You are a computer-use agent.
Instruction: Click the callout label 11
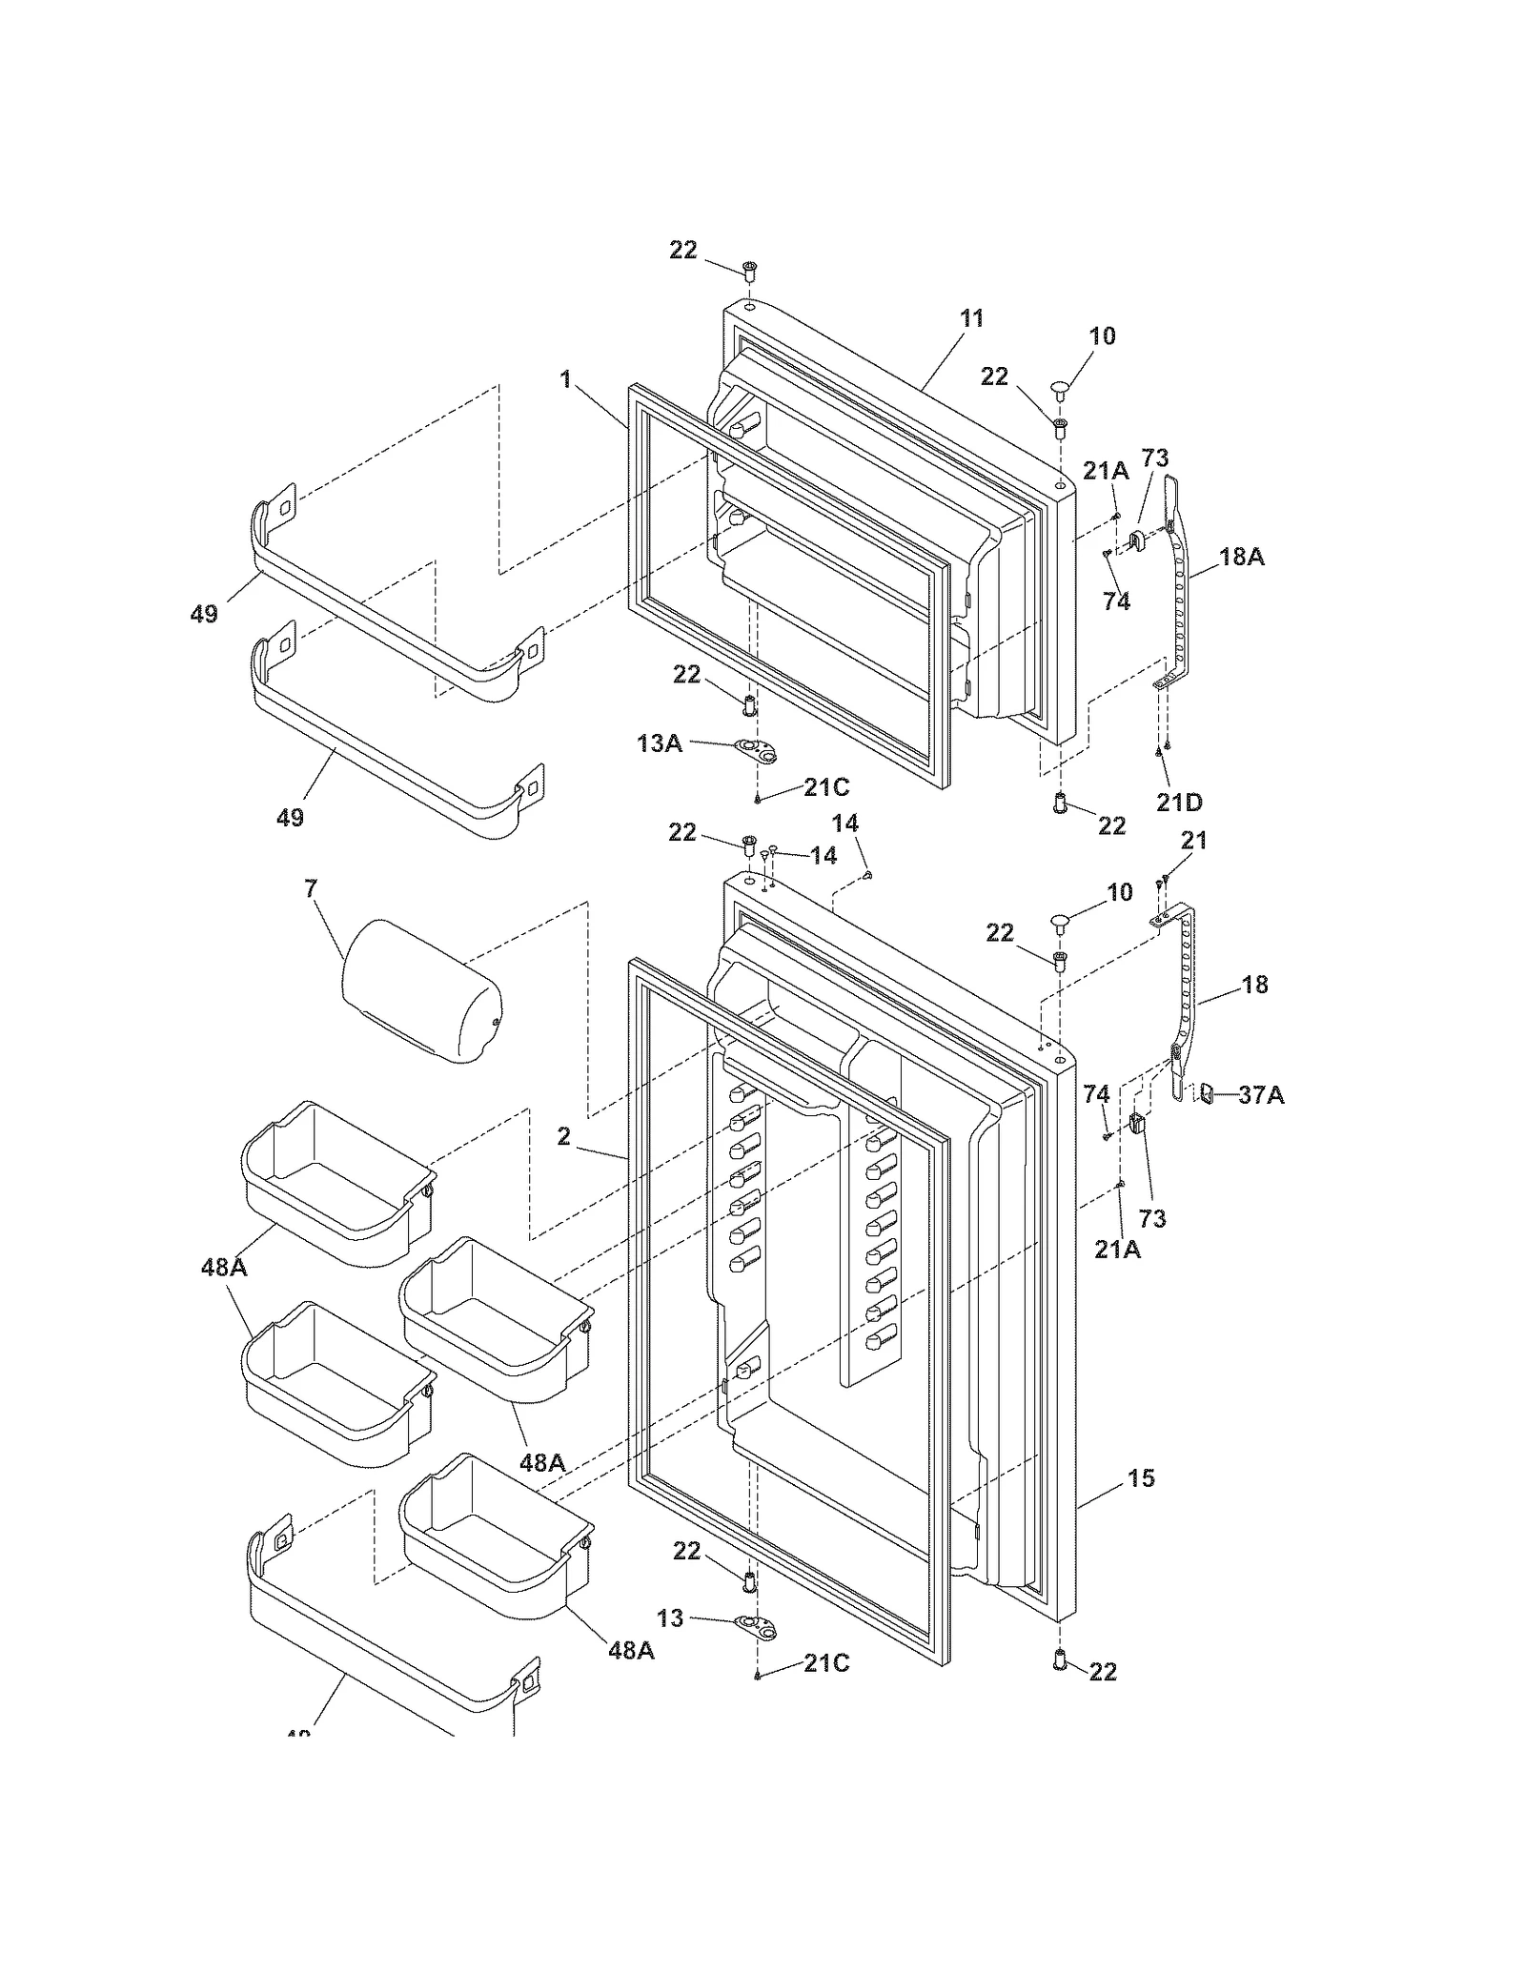[x=971, y=318]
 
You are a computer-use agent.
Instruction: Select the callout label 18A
[x=1241, y=557]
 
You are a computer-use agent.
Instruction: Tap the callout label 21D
[x=1179, y=803]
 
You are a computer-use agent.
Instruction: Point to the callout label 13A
[x=660, y=743]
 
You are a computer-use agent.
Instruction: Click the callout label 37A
[x=1260, y=1096]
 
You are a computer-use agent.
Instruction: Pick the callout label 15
[x=1141, y=1477]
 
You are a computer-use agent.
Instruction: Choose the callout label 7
[x=311, y=889]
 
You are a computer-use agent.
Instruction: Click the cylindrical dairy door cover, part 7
[x=422, y=991]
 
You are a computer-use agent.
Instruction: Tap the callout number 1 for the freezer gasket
[x=565, y=380]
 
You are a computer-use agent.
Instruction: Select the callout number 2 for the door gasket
[x=564, y=1136]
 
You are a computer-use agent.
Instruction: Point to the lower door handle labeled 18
[x=1186, y=991]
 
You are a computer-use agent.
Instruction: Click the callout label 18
[x=1255, y=985]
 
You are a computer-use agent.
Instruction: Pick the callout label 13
[x=670, y=1618]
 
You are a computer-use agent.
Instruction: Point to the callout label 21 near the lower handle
[x=1193, y=841]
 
